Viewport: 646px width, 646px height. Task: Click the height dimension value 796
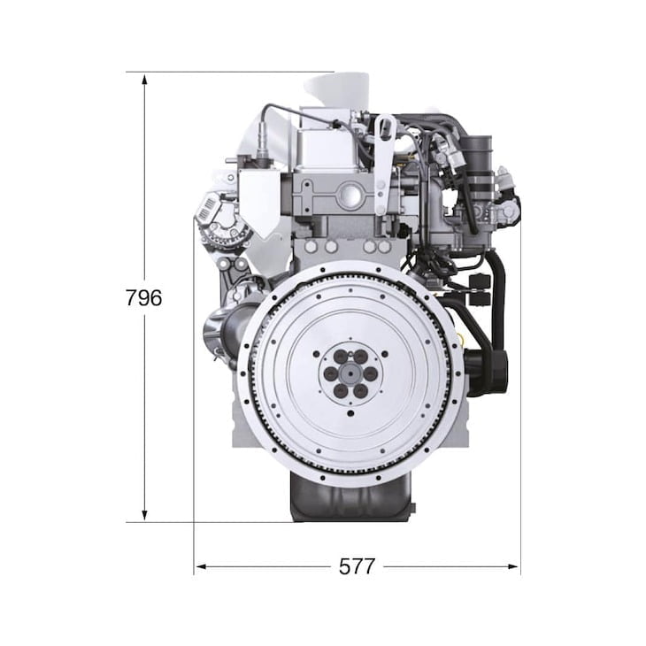[x=143, y=297]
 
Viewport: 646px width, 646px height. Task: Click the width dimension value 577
[x=357, y=566]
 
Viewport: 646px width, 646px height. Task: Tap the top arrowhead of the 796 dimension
[x=144, y=79]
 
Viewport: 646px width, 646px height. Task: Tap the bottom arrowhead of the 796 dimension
[x=144, y=515]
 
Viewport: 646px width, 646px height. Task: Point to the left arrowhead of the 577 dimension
[x=201, y=567]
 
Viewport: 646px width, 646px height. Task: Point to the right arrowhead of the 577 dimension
[x=512, y=567]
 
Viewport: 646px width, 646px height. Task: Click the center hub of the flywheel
[x=350, y=373]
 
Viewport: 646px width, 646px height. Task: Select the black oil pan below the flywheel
[x=351, y=496]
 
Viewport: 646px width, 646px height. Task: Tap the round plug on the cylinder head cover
[x=351, y=195]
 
